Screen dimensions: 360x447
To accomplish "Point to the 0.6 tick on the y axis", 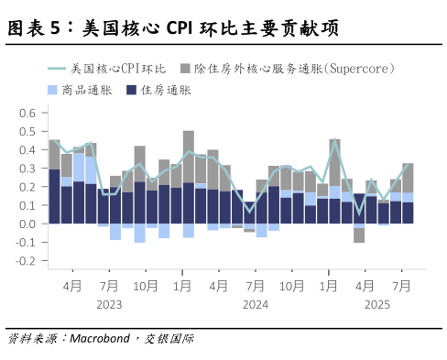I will tap(27, 114).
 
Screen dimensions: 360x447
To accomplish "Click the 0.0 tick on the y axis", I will tap(27, 224).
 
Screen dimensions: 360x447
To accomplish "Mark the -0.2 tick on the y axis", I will tap(25, 260).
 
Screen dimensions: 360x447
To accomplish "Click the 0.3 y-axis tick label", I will tap(27, 169).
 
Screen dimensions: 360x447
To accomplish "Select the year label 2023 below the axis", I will tap(109, 304).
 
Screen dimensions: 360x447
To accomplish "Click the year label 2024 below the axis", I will tap(256, 304).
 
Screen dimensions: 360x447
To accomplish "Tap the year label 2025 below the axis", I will tap(377, 304).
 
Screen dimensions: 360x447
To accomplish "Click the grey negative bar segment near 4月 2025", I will tap(359, 234).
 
